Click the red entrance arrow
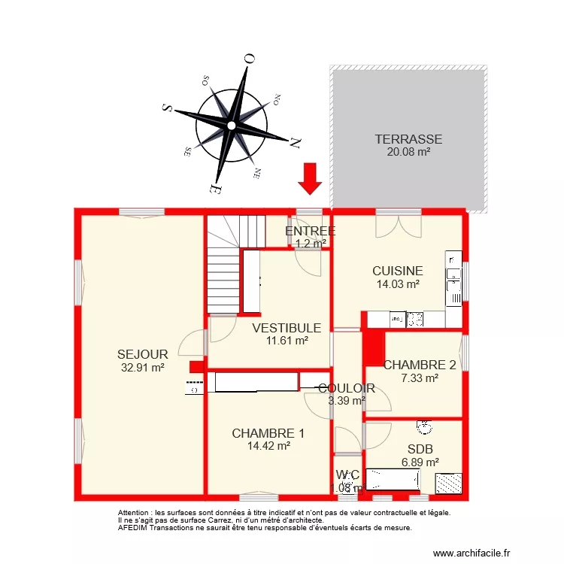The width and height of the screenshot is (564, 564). [309, 178]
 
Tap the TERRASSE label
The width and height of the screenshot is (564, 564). [408, 139]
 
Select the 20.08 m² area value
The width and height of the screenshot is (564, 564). [408, 152]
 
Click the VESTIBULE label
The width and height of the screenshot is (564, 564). [287, 328]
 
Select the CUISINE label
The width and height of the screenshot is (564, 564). [397, 271]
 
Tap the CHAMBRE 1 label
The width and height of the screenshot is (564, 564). [268, 433]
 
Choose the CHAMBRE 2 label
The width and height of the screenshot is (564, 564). [420, 365]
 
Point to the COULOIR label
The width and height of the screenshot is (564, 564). [346, 388]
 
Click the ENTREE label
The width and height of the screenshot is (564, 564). [310, 231]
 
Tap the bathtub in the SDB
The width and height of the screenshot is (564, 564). [393, 479]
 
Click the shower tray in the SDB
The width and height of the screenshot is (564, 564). [449, 482]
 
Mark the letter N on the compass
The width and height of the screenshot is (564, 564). [296, 141]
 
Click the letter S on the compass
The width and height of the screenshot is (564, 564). [168, 108]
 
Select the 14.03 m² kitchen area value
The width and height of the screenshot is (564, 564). [397, 284]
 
